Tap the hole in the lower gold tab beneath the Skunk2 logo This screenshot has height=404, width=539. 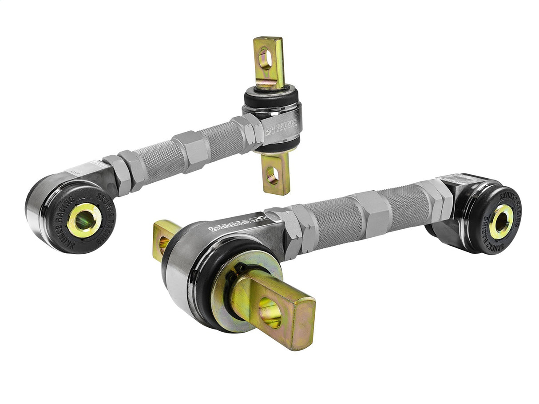coord(272,176)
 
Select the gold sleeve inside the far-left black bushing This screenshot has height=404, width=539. coord(84,220)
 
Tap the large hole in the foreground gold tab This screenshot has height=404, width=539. coord(269,313)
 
